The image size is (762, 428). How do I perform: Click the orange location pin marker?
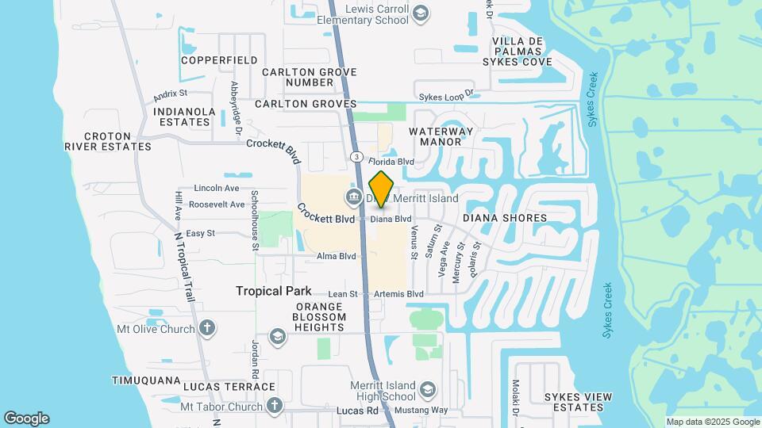pyautogui.click(x=381, y=189)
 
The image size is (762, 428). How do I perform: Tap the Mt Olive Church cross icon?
pyautogui.click(x=207, y=327)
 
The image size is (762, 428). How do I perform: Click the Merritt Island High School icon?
pyautogui.click(x=427, y=390)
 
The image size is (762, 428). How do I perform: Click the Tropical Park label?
pyautogui.click(x=274, y=291)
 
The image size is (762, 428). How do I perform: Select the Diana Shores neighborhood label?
pyautogui.click(x=505, y=218)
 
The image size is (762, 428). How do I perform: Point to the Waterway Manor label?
pyautogui.click(x=441, y=136)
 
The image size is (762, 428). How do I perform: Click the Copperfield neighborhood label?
pyautogui.click(x=219, y=60)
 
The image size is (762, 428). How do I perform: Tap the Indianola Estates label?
pyautogui.click(x=183, y=117)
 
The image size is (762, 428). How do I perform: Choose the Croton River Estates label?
pyautogui.click(x=107, y=141)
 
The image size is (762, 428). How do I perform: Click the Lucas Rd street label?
pyautogui.click(x=361, y=411)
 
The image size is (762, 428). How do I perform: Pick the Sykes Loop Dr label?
pyautogui.click(x=446, y=94)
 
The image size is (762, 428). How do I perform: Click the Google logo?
pyautogui.click(x=26, y=418)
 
